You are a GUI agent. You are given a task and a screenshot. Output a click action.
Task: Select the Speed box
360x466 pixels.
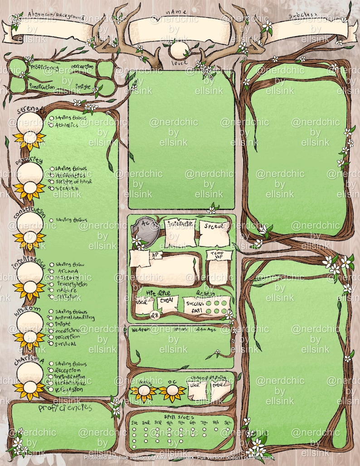click(x=214, y=231)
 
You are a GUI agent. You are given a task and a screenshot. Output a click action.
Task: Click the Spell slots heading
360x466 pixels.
click(x=180, y=416)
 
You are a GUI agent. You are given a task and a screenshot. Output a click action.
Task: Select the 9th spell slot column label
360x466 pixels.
click(x=228, y=422)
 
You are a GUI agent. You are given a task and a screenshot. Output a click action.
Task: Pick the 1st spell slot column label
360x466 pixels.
click(x=134, y=422)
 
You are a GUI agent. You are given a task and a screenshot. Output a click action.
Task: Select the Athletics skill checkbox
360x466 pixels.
click(x=51, y=125)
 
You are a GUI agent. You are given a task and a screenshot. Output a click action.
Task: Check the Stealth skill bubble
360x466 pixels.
click(x=51, y=188)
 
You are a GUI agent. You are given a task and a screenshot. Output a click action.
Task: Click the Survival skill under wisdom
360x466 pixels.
click(x=65, y=344)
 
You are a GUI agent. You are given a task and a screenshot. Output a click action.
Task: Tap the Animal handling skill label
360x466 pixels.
click(x=75, y=318)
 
